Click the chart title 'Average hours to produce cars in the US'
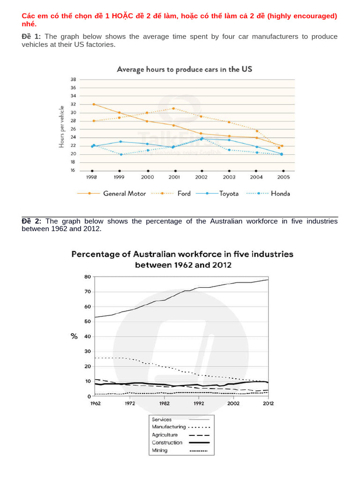pos(184,69)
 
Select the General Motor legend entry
pos(124,193)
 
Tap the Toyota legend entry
pos(229,193)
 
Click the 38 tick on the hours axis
pos(73,79)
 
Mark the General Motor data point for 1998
pos(94,104)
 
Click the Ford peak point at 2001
pos(174,108)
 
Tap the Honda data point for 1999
pos(120,154)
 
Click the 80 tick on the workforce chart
pos(87,277)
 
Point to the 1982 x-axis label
pos(164,403)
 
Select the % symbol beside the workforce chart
pos(74,337)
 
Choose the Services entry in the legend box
pos(162,420)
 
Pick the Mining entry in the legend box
pos(160,450)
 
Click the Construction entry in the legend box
pos(167,442)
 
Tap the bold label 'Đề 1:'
pos(31,37)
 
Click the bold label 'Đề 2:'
pos(31,221)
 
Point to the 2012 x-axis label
pos(268,403)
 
